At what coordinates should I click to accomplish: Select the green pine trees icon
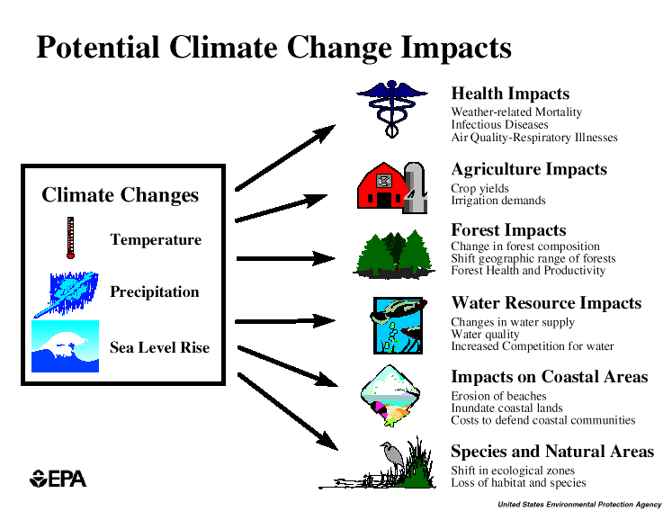coord(394,253)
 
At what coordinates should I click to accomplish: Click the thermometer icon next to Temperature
coord(69,238)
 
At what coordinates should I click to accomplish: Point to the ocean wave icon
coord(65,346)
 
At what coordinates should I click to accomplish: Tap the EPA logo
coord(58,479)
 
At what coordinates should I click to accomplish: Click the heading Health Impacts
coord(510,94)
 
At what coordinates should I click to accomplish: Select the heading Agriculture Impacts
coord(529,169)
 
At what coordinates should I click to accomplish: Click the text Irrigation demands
coord(498,201)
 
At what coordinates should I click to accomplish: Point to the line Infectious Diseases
coord(499,125)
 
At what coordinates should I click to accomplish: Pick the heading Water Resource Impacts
coord(546,303)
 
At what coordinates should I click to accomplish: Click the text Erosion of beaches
coord(498,396)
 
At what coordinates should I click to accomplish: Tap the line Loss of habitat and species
coord(518,483)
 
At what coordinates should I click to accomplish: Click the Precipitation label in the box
coord(154,291)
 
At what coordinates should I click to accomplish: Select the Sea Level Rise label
coord(159,347)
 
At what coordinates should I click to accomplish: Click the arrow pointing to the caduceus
coord(284,158)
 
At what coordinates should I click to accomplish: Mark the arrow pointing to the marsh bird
coord(288,408)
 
